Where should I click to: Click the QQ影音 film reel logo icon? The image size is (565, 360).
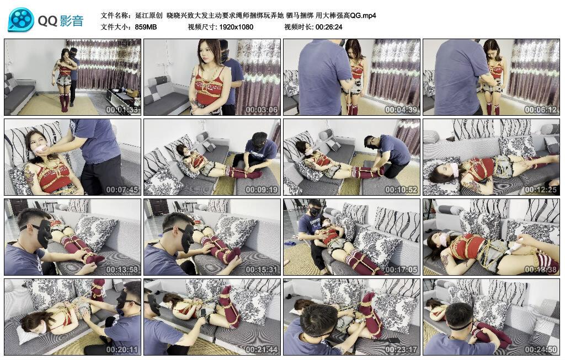click(x=21, y=20)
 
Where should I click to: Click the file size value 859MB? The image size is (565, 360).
click(x=146, y=26)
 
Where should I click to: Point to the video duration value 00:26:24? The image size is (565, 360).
click(x=329, y=26)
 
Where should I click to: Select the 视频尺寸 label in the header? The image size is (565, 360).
click(x=202, y=26)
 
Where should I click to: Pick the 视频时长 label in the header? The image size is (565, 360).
click(x=298, y=26)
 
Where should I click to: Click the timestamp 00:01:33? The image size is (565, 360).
click(x=122, y=110)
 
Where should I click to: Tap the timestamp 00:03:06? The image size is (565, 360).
click(x=262, y=110)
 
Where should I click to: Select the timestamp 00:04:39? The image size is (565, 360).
click(x=402, y=110)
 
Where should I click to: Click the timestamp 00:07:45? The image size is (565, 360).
click(x=122, y=190)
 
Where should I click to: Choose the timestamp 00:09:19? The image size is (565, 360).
click(x=262, y=190)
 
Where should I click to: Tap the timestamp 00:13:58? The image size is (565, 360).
click(x=122, y=270)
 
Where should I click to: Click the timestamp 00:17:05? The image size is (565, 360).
click(x=402, y=270)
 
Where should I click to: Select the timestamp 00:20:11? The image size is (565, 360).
click(x=122, y=350)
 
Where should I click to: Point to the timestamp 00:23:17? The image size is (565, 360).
click(x=402, y=350)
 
